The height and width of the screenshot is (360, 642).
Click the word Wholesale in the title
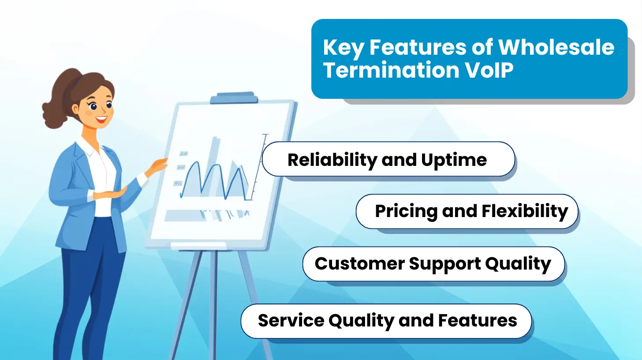(x=556, y=47)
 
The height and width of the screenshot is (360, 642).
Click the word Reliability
(x=332, y=160)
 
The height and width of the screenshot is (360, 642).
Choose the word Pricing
(x=406, y=212)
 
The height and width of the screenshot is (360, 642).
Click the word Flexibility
(x=525, y=212)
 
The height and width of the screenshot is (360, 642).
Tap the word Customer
(x=359, y=263)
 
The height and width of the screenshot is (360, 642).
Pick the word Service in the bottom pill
(x=291, y=320)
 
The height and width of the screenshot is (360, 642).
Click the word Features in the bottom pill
(x=478, y=320)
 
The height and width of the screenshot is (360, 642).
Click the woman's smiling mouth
(x=101, y=119)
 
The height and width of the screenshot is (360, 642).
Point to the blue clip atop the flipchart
(x=234, y=98)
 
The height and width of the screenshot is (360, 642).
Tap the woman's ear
(x=75, y=109)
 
